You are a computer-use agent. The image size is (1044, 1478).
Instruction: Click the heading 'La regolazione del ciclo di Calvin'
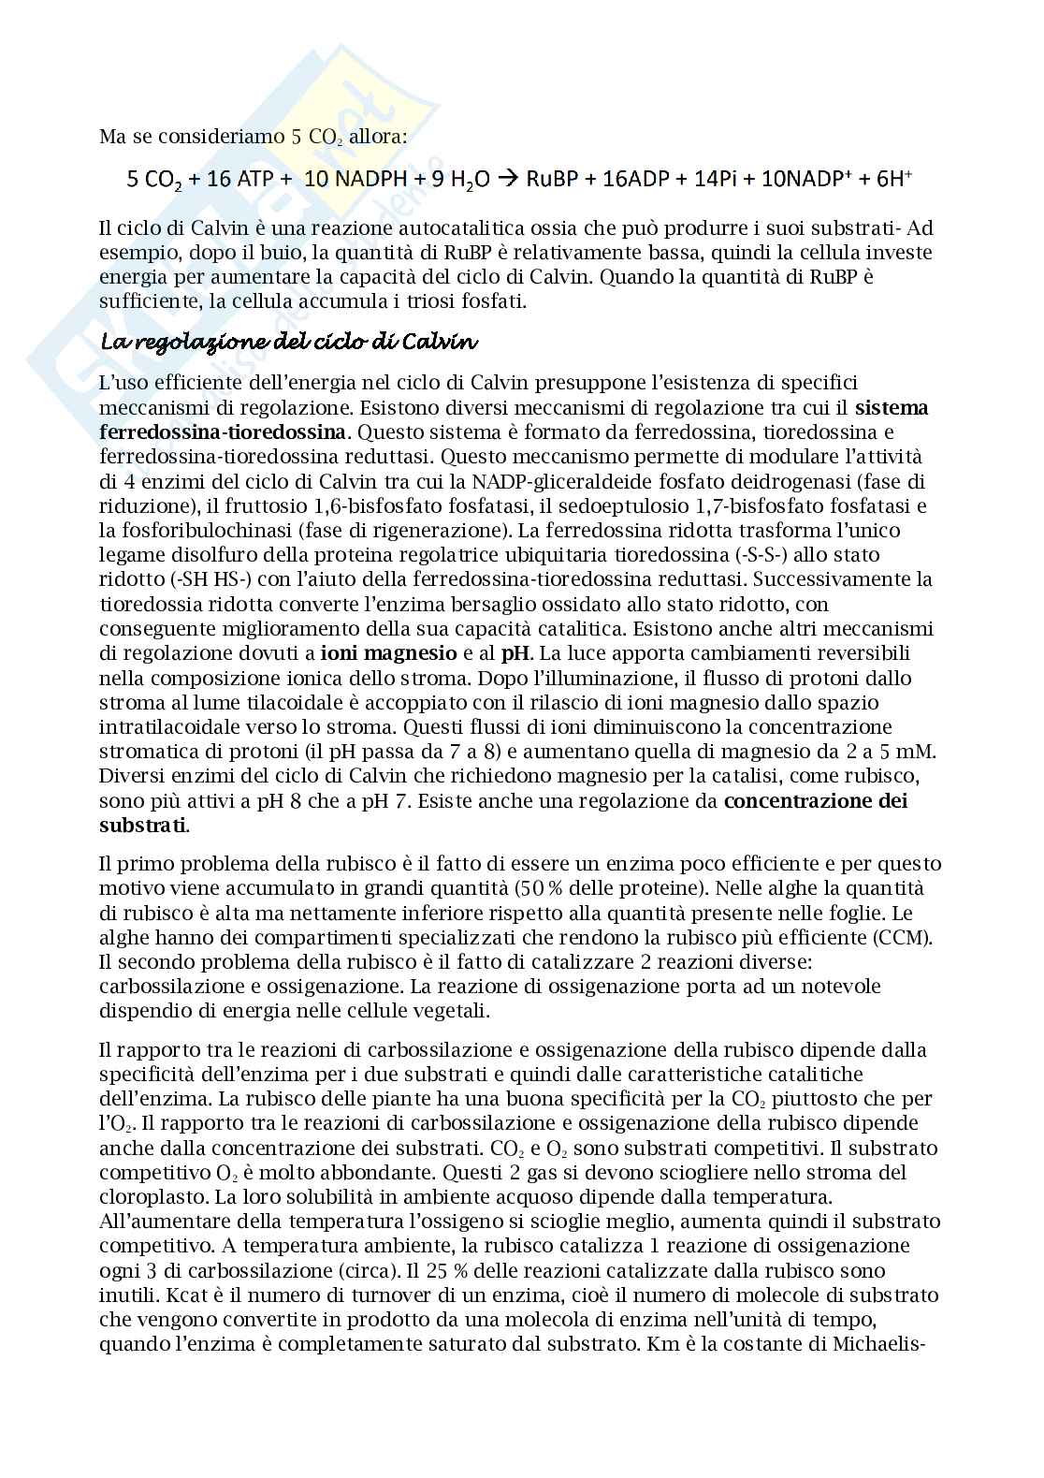coord(289,342)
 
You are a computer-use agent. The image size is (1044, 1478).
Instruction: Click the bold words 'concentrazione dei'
coord(816,800)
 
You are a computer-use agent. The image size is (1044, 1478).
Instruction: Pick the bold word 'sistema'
coord(892,407)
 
